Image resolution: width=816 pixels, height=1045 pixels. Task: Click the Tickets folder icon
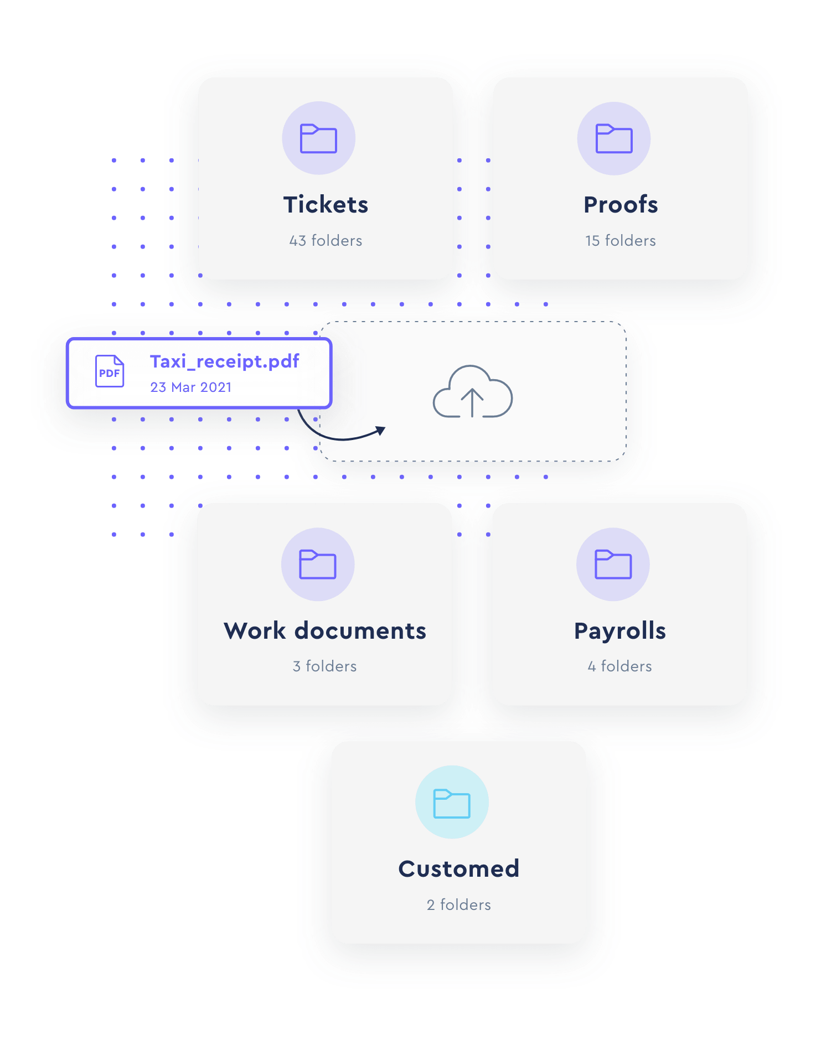(318, 138)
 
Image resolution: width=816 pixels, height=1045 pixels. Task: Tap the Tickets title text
(326, 205)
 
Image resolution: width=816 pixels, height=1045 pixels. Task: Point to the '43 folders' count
(326, 240)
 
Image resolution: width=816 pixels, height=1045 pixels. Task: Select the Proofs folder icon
(614, 138)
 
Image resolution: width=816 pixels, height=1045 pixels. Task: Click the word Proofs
(621, 205)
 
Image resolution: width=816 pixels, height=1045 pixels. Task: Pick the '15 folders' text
(621, 240)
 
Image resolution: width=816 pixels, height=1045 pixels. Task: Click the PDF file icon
(110, 371)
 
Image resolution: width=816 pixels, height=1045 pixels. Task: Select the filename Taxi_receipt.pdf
(225, 361)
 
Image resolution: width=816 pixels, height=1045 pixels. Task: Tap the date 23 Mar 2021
(191, 387)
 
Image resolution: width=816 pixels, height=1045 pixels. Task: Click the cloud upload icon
(472, 391)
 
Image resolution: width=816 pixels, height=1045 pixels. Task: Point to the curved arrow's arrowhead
(380, 430)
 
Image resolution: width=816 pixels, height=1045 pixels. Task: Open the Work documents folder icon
(318, 565)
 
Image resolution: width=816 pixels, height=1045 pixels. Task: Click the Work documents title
(325, 631)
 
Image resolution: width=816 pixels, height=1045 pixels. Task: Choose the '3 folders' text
(325, 666)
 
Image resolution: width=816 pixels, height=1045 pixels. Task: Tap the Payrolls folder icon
(613, 565)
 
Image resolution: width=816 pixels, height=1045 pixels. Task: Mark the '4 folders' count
(620, 666)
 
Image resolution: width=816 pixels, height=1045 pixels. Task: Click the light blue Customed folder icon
(452, 803)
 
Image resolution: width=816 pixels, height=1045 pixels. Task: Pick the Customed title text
(459, 869)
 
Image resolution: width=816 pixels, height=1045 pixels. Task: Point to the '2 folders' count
(459, 904)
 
